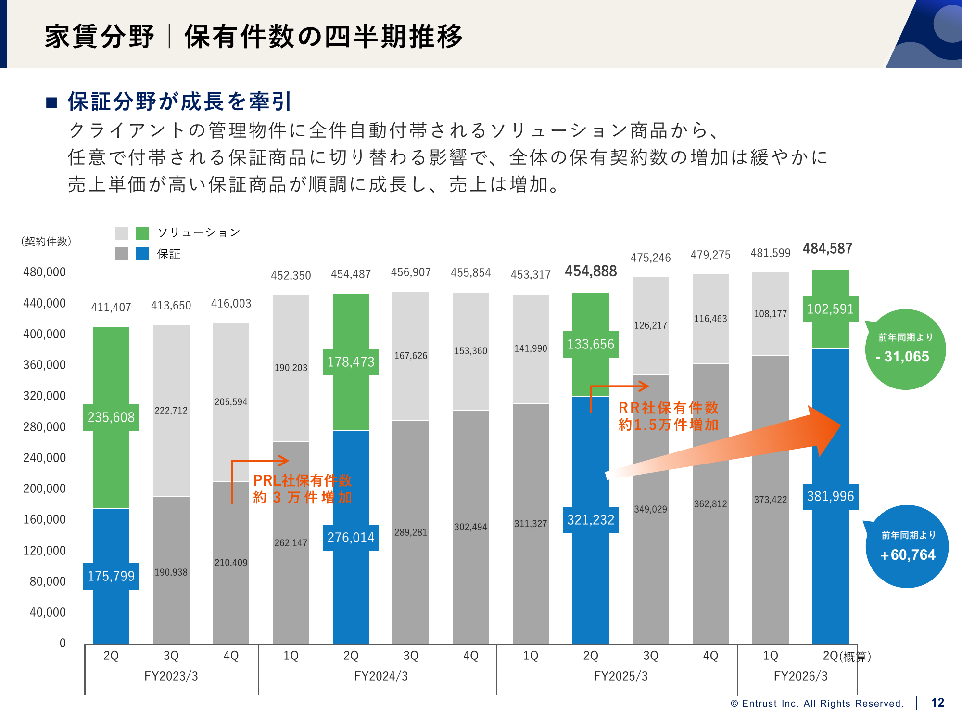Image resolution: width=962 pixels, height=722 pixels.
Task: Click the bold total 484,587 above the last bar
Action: tap(827, 248)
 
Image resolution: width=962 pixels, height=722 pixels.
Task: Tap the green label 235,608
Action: tap(111, 417)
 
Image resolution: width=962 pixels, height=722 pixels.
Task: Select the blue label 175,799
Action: tap(111, 576)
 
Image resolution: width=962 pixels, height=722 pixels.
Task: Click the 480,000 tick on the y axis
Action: tap(45, 272)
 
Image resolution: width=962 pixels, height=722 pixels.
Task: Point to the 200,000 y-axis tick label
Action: tap(45, 489)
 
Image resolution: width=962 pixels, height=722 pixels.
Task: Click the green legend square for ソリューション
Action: tap(142, 233)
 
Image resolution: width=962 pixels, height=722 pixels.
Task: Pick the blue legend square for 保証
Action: tap(142, 254)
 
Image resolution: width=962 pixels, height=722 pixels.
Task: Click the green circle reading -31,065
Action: tap(905, 350)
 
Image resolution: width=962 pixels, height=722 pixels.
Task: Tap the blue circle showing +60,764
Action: tap(907, 547)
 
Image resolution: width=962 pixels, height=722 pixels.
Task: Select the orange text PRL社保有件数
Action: tap(302, 480)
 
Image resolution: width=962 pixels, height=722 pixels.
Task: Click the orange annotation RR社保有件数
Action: tap(668, 408)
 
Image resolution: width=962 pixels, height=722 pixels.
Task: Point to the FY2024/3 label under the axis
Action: tap(381, 676)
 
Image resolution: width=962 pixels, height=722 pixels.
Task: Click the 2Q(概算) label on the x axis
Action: tap(847, 656)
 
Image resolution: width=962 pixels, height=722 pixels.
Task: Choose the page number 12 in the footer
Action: tap(937, 703)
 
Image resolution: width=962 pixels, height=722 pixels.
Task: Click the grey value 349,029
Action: tap(650, 509)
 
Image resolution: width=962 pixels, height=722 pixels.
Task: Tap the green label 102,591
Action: tap(830, 309)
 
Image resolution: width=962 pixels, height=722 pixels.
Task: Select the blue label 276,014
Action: tap(351, 538)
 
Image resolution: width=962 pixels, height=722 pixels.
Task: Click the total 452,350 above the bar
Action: tap(291, 275)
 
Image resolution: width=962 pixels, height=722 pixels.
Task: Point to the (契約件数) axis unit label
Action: tap(46, 241)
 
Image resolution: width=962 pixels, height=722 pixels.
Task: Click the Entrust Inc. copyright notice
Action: tap(817, 703)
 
